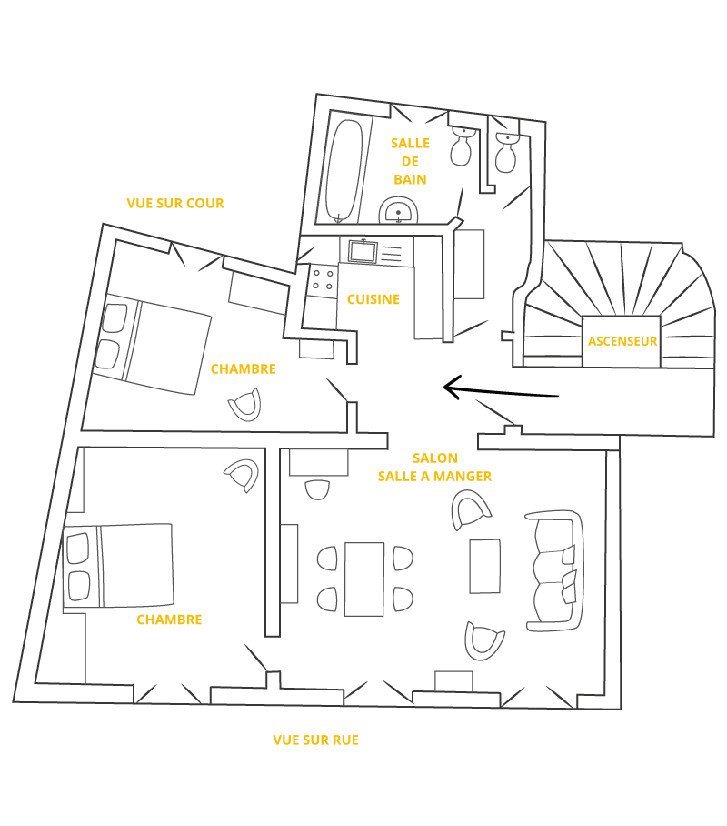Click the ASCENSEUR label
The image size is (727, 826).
pyautogui.click(x=622, y=341)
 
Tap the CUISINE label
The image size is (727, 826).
pyautogui.click(x=373, y=299)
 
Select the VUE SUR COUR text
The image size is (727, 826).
pyautogui.click(x=175, y=204)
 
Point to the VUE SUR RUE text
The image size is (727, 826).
pyautogui.click(x=316, y=740)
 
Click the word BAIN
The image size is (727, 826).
pyautogui.click(x=410, y=179)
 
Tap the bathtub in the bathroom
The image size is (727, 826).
pyautogui.click(x=344, y=171)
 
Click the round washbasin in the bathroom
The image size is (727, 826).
pyautogui.click(x=399, y=210)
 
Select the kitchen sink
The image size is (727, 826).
pyautogui.click(x=363, y=251)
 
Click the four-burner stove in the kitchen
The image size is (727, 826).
pyautogui.click(x=324, y=279)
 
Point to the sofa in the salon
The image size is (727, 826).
pyautogui.click(x=554, y=570)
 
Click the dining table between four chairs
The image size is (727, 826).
pyautogui.click(x=364, y=579)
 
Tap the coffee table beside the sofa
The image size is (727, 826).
pyautogui.click(x=485, y=566)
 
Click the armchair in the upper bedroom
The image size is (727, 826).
pyautogui.click(x=245, y=405)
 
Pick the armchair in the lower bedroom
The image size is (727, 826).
pyautogui.click(x=242, y=475)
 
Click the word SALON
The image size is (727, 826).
pyautogui.click(x=435, y=458)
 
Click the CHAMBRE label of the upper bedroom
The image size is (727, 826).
pyautogui.click(x=244, y=368)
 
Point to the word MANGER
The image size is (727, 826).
pyautogui.click(x=463, y=476)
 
